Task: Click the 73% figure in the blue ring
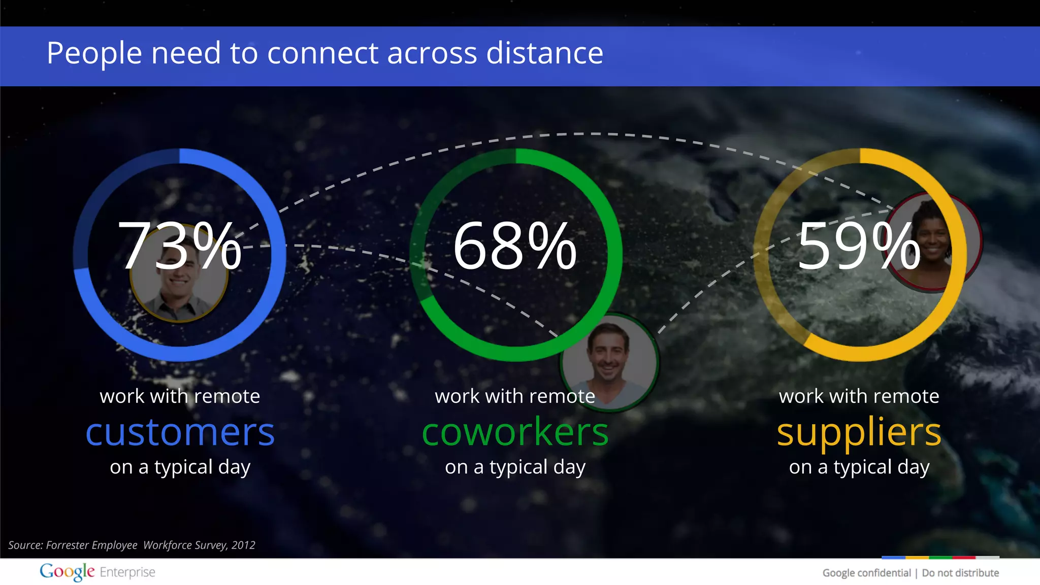pyautogui.click(x=179, y=246)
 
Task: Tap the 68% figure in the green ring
pyautogui.click(x=514, y=246)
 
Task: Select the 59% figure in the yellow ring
pyautogui.click(x=858, y=246)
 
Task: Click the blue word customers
pyautogui.click(x=180, y=432)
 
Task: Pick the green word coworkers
pyautogui.click(x=515, y=432)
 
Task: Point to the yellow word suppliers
pyautogui.click(x=859, y=432)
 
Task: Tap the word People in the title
pyautogui.click(x=94, y=53)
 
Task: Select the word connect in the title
pyautogui.click(x=322, y=53)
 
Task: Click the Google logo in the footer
pyautogui.click(x=67, y=572)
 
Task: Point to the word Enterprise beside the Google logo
pyautogui.click(x=127, y=572)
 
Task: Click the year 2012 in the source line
pyautogui.click(x=243, y=545)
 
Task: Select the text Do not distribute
pyautogui.click(x=960, y=573)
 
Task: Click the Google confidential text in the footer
pyautogui.click(x=866, y=573)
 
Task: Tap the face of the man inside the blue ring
pyautogui.click(x=179, y=282)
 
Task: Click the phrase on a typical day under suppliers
pyautogui.click(x=859, y=467)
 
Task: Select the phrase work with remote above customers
pyautogui.click(x=180, y=396)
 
